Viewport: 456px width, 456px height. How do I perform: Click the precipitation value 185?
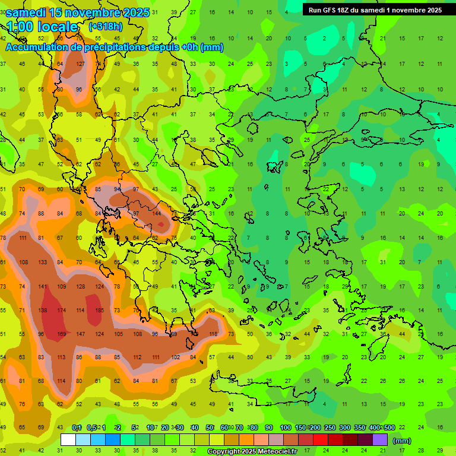tap(100, 310)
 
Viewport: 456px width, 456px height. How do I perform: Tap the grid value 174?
tap(62, 310)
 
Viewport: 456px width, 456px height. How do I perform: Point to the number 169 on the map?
tap(62, 334)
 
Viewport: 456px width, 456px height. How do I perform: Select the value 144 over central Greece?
tap(157, 213)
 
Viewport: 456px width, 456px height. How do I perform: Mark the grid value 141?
tap(43, 286)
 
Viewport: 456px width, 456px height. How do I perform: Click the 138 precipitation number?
tap(43, 310)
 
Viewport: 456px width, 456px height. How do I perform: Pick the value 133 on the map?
tap(43, 262)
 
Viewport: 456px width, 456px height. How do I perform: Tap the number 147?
tap(81, 334)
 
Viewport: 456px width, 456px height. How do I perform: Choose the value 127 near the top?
tap(81, 64)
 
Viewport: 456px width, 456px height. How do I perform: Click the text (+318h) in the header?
tap(106, 27)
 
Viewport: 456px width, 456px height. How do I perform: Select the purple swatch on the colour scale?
tap(380, 440)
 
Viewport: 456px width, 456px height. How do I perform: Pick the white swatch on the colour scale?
tap(68, 440)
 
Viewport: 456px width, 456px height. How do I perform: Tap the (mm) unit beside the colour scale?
tap(402, 441)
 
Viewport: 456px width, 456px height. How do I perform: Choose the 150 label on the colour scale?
tap(300, 427)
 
